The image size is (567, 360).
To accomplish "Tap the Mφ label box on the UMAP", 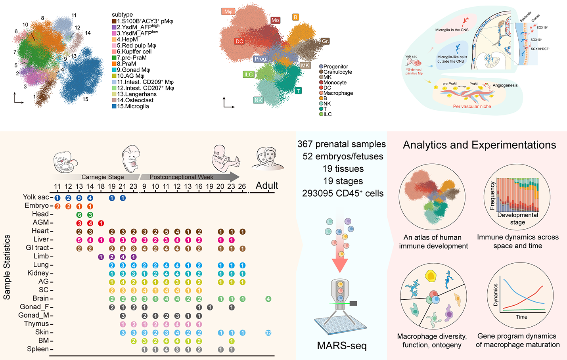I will point(228,11).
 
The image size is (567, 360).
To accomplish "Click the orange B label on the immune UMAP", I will point(295,17).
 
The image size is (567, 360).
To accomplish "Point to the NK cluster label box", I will point(258,100).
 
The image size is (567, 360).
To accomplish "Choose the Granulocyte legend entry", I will point(337,72).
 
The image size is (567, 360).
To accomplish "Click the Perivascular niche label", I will point(472,106).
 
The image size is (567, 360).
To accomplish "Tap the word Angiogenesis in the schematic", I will point(505,85).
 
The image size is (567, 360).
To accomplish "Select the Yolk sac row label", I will point(36,197).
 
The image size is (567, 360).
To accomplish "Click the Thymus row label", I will point(36,324).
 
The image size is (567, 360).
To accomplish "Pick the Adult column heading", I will point(267,186).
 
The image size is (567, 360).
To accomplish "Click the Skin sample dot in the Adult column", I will point(268,333).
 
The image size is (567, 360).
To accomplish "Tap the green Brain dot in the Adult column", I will point(268,299).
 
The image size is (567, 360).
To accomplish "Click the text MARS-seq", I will point(342,346).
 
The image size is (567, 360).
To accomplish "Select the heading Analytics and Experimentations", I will point(479,145).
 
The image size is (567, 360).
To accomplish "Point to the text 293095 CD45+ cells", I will point(343,193).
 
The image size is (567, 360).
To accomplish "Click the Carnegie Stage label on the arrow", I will point(103,177).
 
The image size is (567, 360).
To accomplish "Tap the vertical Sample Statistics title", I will point(7,267).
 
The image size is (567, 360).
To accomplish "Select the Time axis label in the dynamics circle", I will point(521,317).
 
